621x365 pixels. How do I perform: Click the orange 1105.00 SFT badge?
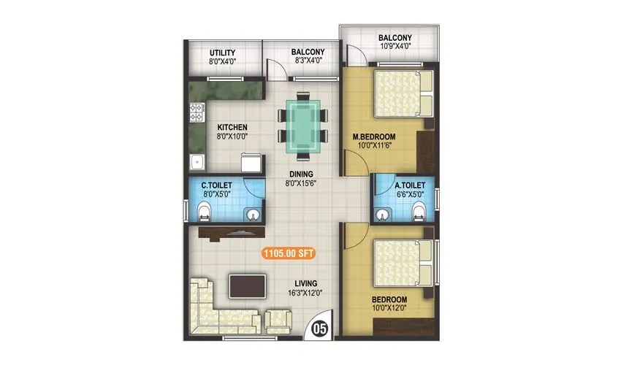[292, 254]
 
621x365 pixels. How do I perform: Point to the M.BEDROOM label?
[374, 137]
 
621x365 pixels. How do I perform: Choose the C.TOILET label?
[217, 186]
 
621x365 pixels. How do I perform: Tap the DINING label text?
[300, 174]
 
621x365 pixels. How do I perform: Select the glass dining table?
[302, 128]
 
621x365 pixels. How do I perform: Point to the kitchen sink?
[196, 162]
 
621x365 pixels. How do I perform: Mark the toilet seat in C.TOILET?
[205, 212]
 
